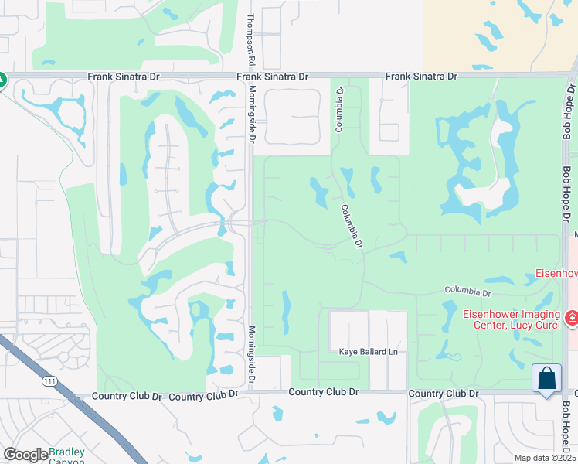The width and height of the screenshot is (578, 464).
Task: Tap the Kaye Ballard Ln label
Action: point(368,352)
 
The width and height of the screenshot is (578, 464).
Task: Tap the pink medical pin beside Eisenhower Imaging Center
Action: point(570,317)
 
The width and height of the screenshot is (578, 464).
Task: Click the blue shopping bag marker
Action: point(547,379)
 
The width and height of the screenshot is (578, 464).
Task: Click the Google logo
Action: point(25,455)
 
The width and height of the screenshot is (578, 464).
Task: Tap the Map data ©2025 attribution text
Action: point(545,458)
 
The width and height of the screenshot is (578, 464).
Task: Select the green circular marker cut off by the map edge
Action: point(2,79)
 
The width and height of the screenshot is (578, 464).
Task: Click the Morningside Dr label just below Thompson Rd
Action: point(251,114)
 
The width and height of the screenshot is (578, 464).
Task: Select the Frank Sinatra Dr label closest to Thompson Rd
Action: point(272,77)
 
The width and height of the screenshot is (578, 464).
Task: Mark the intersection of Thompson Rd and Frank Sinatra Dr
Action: point(250,77)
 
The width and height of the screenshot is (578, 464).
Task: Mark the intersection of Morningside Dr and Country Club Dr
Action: point(250,394)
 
